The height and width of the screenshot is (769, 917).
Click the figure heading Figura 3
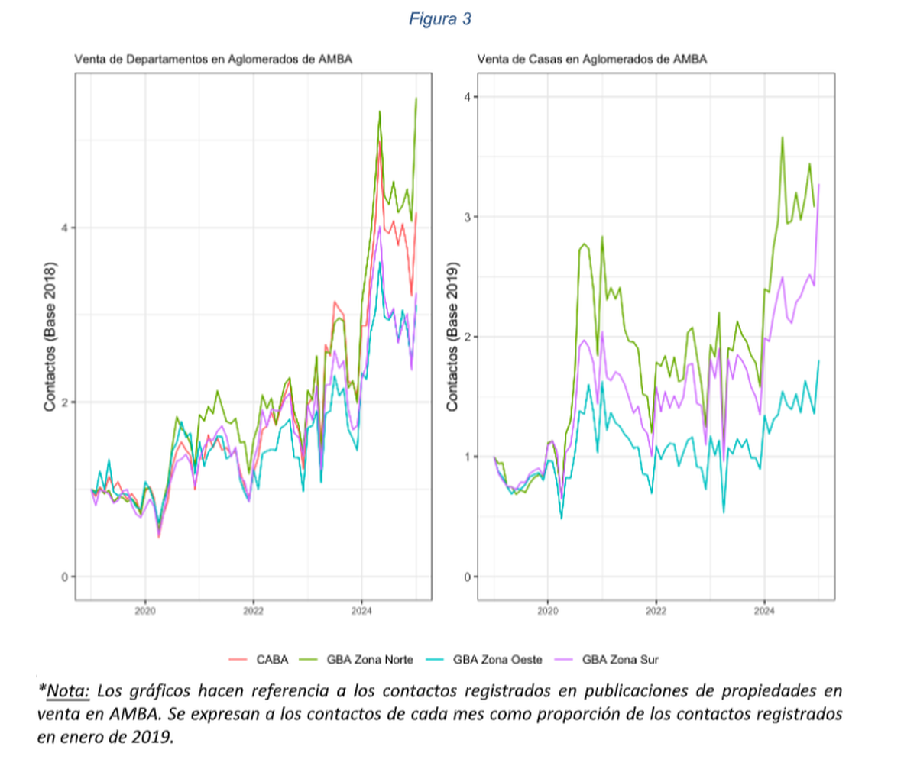[x=439, y=20]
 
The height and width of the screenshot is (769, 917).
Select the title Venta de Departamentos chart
[x=212, y=59]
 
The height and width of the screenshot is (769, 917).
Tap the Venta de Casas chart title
[x=592, y=59]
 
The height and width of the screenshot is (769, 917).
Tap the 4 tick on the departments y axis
[x=64, y=228]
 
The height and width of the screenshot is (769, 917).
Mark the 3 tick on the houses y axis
[x=468, y=217]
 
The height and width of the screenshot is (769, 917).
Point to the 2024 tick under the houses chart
[x=764, y=612]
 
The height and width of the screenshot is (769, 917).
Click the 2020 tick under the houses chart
[x=547, y=612]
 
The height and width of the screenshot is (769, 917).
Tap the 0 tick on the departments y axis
[x=64, y=577]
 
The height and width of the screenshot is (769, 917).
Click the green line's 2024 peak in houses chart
[x=783, y=137]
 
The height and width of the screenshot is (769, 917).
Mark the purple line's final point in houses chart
[x=818, y=184]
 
